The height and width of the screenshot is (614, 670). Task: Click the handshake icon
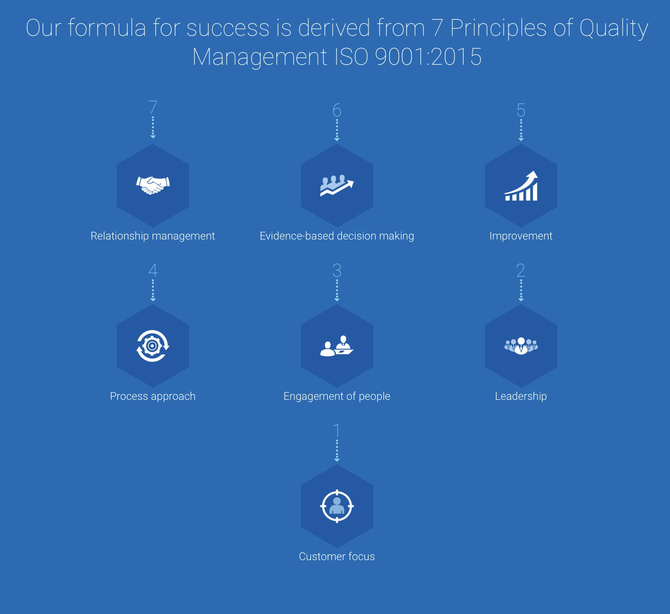tap(152, 185)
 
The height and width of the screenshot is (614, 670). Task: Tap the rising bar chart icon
tap(521, 186)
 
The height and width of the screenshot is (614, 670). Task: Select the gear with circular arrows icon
tap(152, 346)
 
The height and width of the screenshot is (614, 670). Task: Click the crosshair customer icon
tap(337, 506)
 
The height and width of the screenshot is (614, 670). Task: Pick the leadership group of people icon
tap(521, 346)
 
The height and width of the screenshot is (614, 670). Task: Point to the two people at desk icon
tap(337, 346)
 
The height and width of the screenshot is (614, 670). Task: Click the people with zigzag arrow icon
tap(337, 185)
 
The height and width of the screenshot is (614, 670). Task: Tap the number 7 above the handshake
tap(152, 107)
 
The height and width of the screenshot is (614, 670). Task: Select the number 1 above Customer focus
tap(337, 431)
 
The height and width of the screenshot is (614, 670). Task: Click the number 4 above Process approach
tap(152, 270)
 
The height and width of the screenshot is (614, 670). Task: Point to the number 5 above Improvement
tap(521, 110)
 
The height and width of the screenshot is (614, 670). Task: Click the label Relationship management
tap(152, 236)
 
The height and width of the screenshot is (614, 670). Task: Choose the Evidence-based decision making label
tap(337, 236)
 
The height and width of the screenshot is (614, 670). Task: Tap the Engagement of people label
tap(337, 396)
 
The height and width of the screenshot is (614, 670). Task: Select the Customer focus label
tap(337, 556)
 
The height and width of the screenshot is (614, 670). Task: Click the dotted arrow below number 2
tap(521, 290)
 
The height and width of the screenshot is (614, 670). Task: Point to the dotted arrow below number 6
tap(337, 130)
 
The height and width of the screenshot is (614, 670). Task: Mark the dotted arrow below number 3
tap(337, 290)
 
